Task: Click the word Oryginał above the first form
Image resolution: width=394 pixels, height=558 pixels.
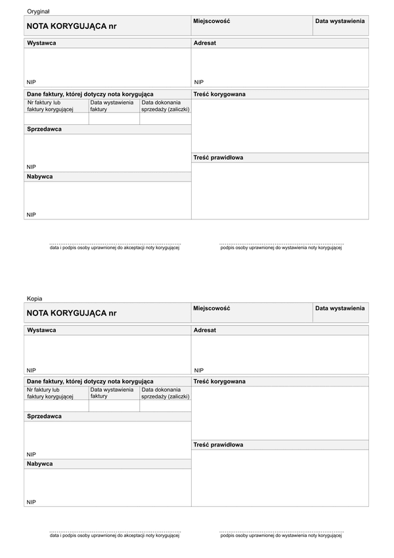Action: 38,12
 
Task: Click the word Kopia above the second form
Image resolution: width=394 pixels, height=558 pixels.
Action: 34,298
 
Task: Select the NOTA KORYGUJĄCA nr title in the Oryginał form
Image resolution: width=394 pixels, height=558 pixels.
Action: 71,26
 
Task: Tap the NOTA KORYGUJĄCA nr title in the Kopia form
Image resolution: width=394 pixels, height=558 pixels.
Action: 71,313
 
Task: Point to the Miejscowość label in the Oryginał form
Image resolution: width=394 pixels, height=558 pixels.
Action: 211,22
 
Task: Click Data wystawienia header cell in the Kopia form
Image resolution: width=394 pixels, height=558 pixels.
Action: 339,308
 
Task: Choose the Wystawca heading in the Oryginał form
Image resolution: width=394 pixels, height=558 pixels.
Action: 41,43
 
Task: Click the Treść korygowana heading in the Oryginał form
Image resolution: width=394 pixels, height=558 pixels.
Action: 219,94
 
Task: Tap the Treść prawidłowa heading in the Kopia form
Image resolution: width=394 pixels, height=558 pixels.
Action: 218,445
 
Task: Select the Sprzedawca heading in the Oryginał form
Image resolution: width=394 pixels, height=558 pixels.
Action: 44,129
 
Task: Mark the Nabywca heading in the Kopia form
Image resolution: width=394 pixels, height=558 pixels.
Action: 39,463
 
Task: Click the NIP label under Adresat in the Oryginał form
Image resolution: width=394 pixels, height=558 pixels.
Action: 199,82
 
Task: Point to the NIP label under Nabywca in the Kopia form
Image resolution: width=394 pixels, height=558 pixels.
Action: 32,501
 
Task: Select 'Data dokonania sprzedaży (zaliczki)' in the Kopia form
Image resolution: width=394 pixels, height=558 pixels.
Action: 165,393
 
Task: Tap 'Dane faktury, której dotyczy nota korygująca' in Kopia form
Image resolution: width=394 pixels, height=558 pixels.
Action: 90,381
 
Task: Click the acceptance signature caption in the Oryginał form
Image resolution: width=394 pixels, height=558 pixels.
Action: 115,248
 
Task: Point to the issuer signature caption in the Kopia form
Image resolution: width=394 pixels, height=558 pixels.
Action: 281,535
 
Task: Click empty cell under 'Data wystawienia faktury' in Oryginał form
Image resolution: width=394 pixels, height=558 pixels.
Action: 114,119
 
